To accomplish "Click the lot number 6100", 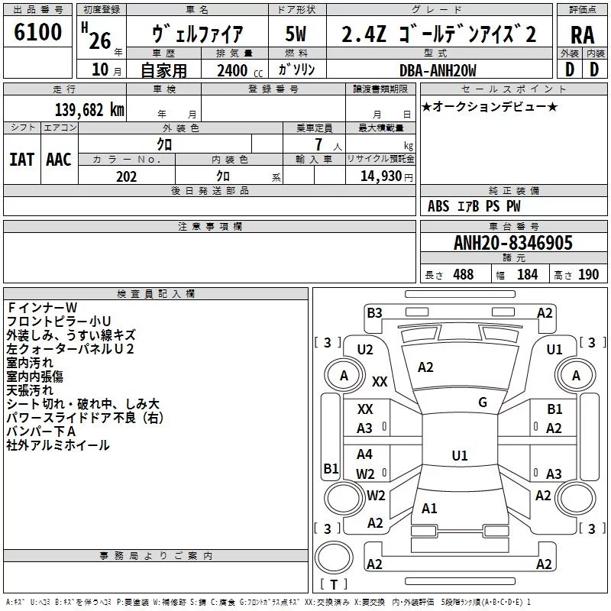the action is click(x=37, y=32).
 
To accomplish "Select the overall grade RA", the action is click(x=582, y=35).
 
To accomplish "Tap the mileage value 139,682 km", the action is click(x=89, y=110).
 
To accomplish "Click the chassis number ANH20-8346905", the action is click(x=512, y=242).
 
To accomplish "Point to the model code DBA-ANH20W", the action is click(x=438, y=70).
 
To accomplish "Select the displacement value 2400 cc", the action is click(x=240, y=70).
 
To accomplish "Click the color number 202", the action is click(x=126, y=176).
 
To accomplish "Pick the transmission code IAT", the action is click(x=21, y=160).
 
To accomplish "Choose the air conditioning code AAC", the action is click(x=59, y=160).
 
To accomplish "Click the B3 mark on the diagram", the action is click(x=374, y=313).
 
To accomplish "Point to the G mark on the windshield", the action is click(x=483, y=402).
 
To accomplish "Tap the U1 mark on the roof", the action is click(x=460, y=455).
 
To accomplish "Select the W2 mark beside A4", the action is click(x=365, y=474).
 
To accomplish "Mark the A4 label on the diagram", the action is click(x=364, y=454).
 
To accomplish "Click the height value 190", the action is click(x=588, y=275).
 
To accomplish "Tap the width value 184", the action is click(x=527, y=275).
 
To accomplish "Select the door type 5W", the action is click(x=296, y=34).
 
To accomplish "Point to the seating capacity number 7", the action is click(x=318, y=144).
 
